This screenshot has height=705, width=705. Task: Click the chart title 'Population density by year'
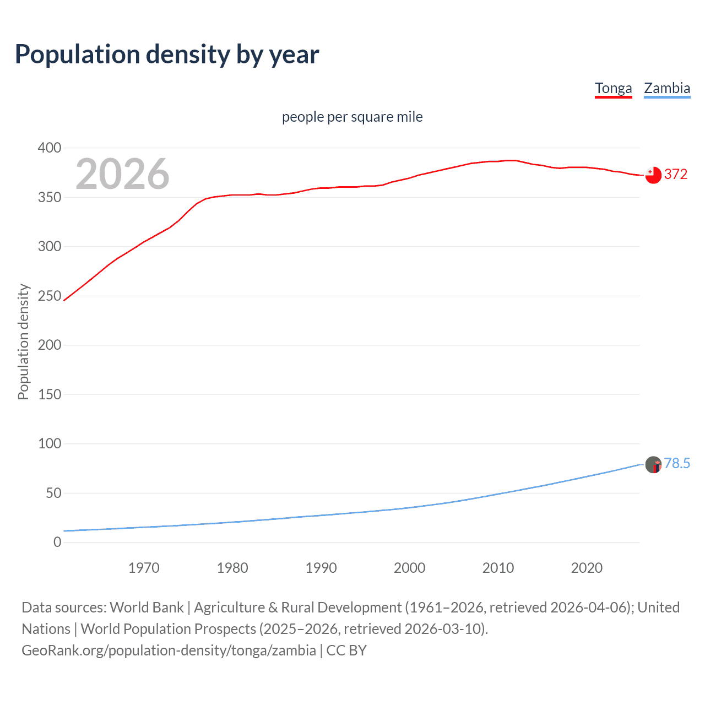[167, 55]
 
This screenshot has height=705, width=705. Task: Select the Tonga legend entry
[613, 88]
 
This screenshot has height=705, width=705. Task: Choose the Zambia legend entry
[666, 88]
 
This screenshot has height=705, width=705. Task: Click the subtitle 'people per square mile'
[352, 117]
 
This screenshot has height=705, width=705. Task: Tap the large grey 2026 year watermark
[122, 174]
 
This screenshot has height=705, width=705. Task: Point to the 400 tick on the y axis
[50, 148]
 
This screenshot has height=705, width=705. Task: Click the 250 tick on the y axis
[50, 296]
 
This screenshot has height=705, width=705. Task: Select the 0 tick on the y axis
[57, 542]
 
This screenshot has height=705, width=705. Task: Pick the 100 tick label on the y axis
[50, 443]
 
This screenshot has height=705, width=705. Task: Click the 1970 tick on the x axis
[144, 568]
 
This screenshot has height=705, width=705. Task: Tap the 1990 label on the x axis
[321, 568]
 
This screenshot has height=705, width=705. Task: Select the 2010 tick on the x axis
[498, 568]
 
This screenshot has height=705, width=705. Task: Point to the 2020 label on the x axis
[587, 568]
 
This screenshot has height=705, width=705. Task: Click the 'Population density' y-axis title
[23, 341]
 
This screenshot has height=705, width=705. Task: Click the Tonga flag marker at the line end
[653, 175]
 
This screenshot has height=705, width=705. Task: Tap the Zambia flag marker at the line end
[653, 464]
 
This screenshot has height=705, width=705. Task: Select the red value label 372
[676, 174]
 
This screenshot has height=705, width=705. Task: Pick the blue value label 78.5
[677, 463]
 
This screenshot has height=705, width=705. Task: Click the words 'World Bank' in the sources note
[147, 607]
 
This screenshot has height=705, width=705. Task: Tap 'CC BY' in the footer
[346, 650]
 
